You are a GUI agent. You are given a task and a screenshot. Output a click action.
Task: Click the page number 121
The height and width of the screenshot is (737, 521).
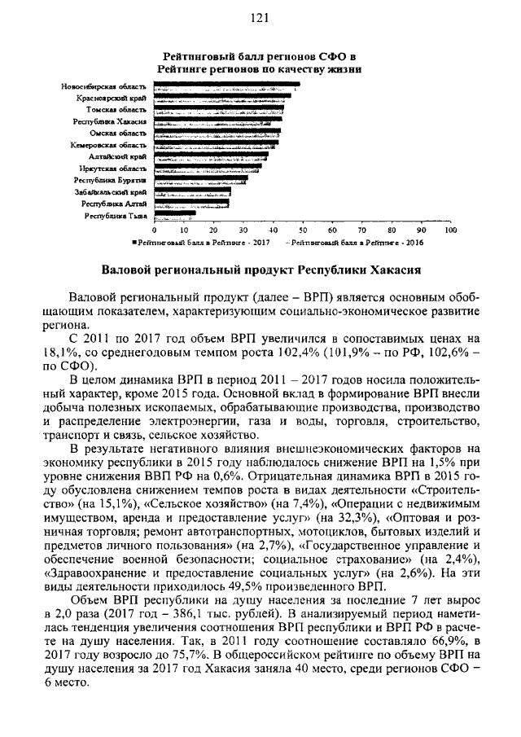click(x=260, y=19)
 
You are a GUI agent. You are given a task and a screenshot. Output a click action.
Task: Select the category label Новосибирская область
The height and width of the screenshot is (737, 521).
click(x=103, y=86)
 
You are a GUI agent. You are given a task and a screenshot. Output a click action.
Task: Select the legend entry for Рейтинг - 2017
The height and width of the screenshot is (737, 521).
click(x=201, y=243)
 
